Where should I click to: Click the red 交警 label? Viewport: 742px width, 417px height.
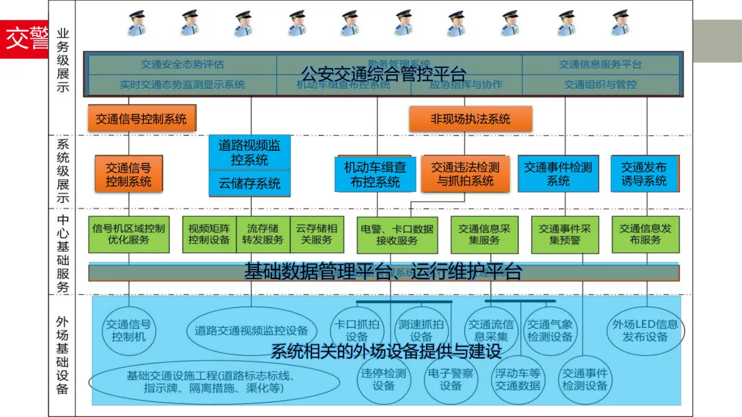click(x=25, y=39)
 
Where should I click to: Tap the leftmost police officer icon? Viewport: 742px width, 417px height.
click(x=137, y=23)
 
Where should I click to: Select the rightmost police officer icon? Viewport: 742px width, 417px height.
click(x=620, y=23)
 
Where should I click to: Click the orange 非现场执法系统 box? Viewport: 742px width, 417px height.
click(x=470, y=119)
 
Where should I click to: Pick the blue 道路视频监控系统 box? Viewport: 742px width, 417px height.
click(x=249, y=152)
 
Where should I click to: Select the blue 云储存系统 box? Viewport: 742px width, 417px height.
click(x=249, y=183)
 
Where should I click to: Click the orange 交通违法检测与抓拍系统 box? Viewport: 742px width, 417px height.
click(x=466, y=174)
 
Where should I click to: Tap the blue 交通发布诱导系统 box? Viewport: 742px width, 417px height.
click(x=644, y=174)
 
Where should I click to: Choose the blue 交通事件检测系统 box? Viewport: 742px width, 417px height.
click(x=558, y=174)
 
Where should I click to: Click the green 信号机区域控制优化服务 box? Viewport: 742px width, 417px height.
click(x=128, y=235)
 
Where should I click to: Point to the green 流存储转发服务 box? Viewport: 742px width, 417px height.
click(x=262, y=235)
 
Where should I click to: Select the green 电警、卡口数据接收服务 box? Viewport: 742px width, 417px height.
click(x=397, y=235)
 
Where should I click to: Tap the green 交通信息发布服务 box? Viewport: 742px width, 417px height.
click(x=645, y=235)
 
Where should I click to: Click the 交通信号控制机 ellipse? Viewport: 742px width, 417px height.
click(x=128, y=331)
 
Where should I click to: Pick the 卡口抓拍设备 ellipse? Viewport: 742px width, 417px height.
click(x=357, y=331)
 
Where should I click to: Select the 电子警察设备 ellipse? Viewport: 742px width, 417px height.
click(x=450, y=379)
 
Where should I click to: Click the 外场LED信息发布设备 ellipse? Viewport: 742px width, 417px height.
click(x=645, y=331)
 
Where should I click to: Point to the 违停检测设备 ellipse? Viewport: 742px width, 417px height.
click(x=383, y=379)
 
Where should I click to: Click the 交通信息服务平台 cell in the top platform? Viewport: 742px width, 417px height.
click(x=600, y=64)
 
